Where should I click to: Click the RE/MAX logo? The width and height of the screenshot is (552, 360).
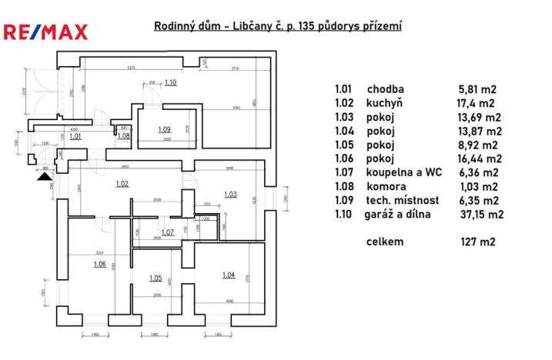click(45, 32)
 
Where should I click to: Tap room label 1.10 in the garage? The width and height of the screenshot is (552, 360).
click(170, 82)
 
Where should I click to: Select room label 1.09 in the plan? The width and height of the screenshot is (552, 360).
click(164, 129)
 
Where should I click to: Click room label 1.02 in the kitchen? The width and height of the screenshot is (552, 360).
click(121, 184)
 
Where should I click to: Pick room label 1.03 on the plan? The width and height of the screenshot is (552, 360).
click(230, 195)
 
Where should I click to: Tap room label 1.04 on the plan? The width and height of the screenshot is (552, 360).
click(229, 275)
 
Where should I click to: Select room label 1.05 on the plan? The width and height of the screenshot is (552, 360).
click(155, 278)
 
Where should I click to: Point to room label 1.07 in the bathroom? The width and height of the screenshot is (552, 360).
click(167, 232)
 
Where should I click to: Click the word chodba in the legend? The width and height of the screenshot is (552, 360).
click(385, 88)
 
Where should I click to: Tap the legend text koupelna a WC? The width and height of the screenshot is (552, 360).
click(401, 173)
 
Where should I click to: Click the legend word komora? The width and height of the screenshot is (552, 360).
click(386, 187)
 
